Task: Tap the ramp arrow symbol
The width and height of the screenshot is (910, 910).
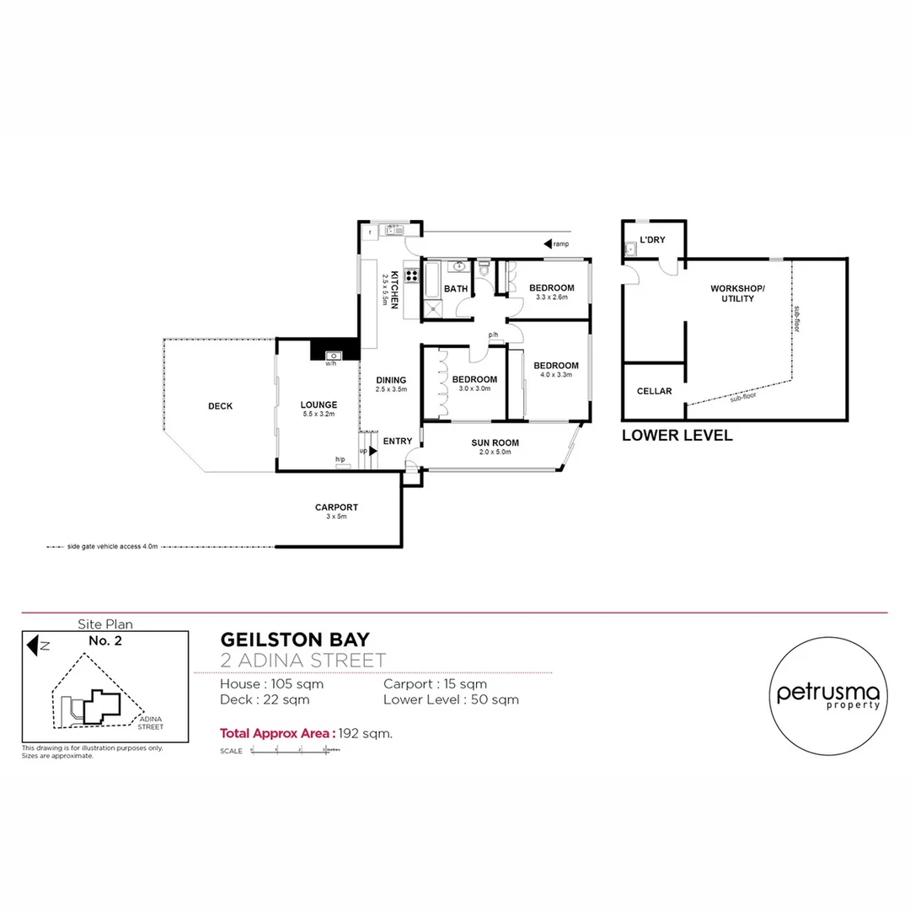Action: (548, 244)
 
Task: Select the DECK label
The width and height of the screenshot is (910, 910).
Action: (220, 406)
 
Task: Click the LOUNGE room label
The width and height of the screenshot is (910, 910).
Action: (318, 405)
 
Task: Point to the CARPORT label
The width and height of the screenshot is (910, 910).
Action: (336, 507)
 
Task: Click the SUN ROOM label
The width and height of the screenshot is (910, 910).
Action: (495, 442)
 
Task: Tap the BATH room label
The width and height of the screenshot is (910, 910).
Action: (456, 289)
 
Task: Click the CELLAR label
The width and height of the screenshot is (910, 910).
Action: (654, 391)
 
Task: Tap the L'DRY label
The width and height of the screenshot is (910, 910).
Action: (652, 240)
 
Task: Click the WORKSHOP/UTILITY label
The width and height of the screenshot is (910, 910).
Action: (737, 293)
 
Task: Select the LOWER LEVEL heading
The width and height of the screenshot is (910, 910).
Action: (677, 436)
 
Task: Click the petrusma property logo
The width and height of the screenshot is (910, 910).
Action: (827, 696)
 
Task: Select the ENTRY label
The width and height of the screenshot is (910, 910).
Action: (398, 442)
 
